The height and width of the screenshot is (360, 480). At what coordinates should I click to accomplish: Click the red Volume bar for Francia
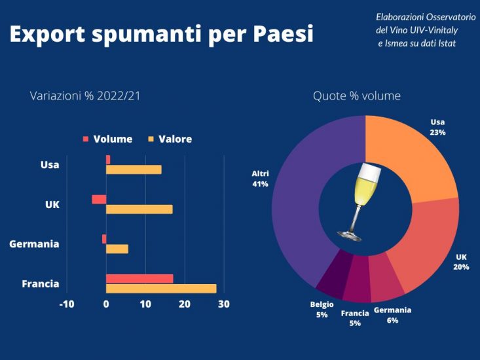tap(139, 279)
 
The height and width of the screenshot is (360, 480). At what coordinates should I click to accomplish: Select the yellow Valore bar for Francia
tap(161, 289)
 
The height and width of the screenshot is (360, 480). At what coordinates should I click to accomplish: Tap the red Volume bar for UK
tap(99, 200)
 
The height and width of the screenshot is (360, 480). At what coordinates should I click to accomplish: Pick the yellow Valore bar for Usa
tap(134, 170)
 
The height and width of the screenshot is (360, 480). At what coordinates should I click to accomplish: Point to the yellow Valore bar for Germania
tap(117, 249)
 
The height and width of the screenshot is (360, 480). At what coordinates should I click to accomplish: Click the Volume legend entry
tap(107, 139)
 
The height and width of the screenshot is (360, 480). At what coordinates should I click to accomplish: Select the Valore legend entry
tap(170, 139)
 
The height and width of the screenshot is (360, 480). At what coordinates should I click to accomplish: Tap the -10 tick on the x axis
tap(67, 304)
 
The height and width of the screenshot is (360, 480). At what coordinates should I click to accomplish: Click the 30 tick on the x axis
tap(223, 304)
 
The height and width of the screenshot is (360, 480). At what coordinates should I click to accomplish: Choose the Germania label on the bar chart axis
tap(34, 244)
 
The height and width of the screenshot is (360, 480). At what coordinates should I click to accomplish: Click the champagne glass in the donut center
tap(360, 200)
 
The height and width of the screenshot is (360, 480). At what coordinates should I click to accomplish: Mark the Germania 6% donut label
tap(392, 315)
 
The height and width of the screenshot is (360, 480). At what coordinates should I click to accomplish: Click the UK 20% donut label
tap(462, 262)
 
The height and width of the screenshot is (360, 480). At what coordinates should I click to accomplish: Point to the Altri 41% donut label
tap(260, 179)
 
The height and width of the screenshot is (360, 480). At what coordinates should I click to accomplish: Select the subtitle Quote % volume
tap(356, 96)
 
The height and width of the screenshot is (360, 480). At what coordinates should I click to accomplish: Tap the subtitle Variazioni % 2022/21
tap(85, 96)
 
